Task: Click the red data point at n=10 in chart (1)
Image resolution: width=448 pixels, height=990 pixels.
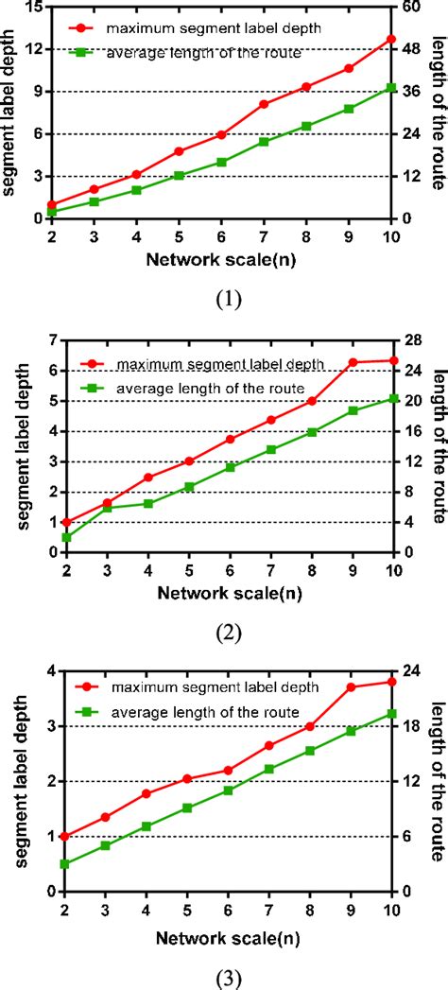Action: [x=391, y=39]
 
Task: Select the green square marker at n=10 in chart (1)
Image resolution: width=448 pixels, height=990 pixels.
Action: [x=391, y=88]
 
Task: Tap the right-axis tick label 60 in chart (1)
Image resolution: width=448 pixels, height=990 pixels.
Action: [x=413, y=8]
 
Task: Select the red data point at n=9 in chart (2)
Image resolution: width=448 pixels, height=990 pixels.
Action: [x=352, y=362]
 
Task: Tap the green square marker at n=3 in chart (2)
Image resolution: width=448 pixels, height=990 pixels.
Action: [x=107, y=508]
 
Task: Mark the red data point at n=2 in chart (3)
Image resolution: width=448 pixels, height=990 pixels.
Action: [x=65, y=809]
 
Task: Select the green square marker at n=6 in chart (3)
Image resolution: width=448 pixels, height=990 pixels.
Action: [x=228, y=790]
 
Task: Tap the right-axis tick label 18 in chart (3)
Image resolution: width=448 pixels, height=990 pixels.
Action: [x=413, y=727]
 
